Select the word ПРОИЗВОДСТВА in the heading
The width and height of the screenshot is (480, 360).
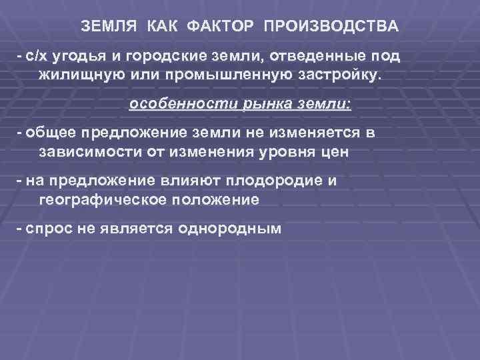331,27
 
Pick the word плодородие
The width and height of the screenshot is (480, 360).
301,181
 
